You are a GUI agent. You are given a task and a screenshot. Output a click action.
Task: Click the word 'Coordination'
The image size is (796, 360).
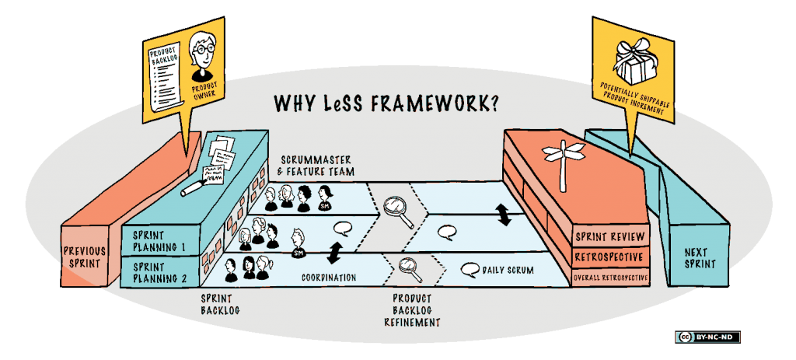(x=329, y=277)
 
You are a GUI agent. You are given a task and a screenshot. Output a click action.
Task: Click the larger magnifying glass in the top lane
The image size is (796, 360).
(x=396, y=206)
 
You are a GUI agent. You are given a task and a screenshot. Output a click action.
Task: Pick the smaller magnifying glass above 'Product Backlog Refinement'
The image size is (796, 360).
(x=407, y=267)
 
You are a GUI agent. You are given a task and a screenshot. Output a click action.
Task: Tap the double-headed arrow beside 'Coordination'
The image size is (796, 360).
(x=336, y=252)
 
